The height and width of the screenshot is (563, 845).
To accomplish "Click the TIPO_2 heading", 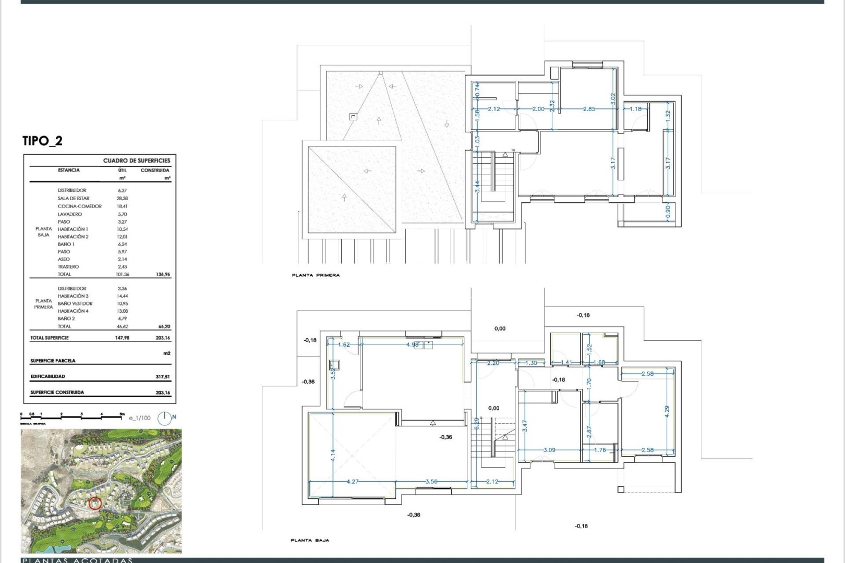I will [42, 141].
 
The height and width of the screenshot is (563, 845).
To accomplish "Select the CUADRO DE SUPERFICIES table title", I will [136, 161].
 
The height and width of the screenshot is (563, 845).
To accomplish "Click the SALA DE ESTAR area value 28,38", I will [123, 199].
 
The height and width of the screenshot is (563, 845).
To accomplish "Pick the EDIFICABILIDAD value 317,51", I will [162, 376].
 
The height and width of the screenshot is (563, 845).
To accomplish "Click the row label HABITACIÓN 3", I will [73, 296].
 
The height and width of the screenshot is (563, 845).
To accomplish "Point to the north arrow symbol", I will [165, 418].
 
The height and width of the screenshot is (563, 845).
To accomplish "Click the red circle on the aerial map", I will [95, 503].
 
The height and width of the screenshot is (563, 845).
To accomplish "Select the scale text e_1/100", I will [139, 418].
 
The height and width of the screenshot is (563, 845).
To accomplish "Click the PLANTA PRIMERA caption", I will [316, 275].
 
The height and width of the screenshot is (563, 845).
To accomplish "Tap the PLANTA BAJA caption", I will [310, 541].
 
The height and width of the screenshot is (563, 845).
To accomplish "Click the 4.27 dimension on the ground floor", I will [353, 482].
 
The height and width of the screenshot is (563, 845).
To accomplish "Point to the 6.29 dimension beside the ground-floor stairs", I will [476, 423].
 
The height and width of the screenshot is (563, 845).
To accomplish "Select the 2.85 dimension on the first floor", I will [588, 109].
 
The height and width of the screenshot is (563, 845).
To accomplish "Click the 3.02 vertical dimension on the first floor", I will [613, 99].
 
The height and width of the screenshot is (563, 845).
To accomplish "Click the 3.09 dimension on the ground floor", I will [549, 450].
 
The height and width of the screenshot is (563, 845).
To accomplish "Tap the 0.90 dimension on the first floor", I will [668, 211].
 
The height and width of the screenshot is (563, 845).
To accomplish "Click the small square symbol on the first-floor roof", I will [353, 117].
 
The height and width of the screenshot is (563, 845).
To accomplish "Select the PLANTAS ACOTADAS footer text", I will [77, 560].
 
